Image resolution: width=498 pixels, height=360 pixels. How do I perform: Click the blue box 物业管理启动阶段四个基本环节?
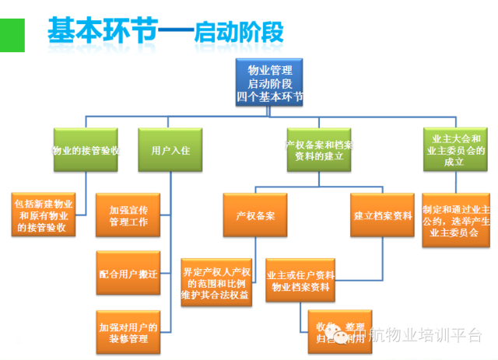269,82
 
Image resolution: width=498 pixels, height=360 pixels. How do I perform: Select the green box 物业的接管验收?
85,151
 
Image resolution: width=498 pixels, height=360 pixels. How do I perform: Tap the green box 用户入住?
170,151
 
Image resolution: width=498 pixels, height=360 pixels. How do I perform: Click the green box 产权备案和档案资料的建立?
318,150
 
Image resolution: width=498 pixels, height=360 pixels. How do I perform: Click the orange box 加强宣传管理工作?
128,215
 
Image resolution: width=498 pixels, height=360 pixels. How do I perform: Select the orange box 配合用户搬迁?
128,274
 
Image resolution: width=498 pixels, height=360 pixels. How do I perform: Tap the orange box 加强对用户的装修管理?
128,332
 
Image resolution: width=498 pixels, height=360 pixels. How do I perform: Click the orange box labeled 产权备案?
254,215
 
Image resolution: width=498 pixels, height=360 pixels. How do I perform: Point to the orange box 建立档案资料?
383,215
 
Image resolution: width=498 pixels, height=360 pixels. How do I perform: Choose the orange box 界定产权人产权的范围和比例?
216,279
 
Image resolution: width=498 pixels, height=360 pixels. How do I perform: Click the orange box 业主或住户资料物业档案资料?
300,281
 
